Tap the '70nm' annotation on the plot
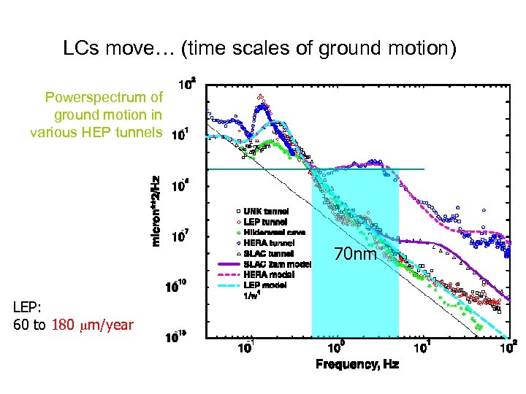click(x=355, y=255)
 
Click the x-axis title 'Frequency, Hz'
click(x=357, y=364)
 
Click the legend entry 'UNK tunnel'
click(x=266, y=212)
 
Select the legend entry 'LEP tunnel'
click(x=265, y=222)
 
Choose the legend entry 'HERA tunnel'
click(x=269, y=242)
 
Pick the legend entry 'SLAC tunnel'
click(x=268, y=252)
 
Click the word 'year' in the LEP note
click(x=118, y=325)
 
